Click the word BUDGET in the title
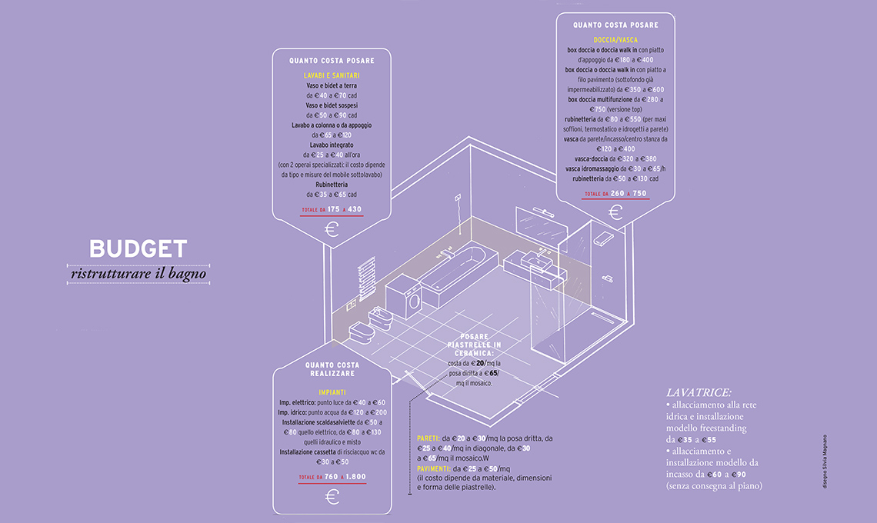coord(138,248)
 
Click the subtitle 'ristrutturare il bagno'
coord(138,273)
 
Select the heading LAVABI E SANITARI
coord(332,75)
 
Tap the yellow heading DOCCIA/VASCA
coord(615,39)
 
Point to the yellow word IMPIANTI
coord(332,392)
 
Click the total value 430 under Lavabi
coord(354,209)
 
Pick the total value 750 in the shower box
coord(639,194)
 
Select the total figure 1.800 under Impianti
coord(355,477)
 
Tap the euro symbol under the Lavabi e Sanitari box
coord(332,229)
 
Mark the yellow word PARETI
coord(428,438)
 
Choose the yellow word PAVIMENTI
coord(434,468)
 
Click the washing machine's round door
coord(413,301)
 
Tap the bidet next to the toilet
coord(382,318)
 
